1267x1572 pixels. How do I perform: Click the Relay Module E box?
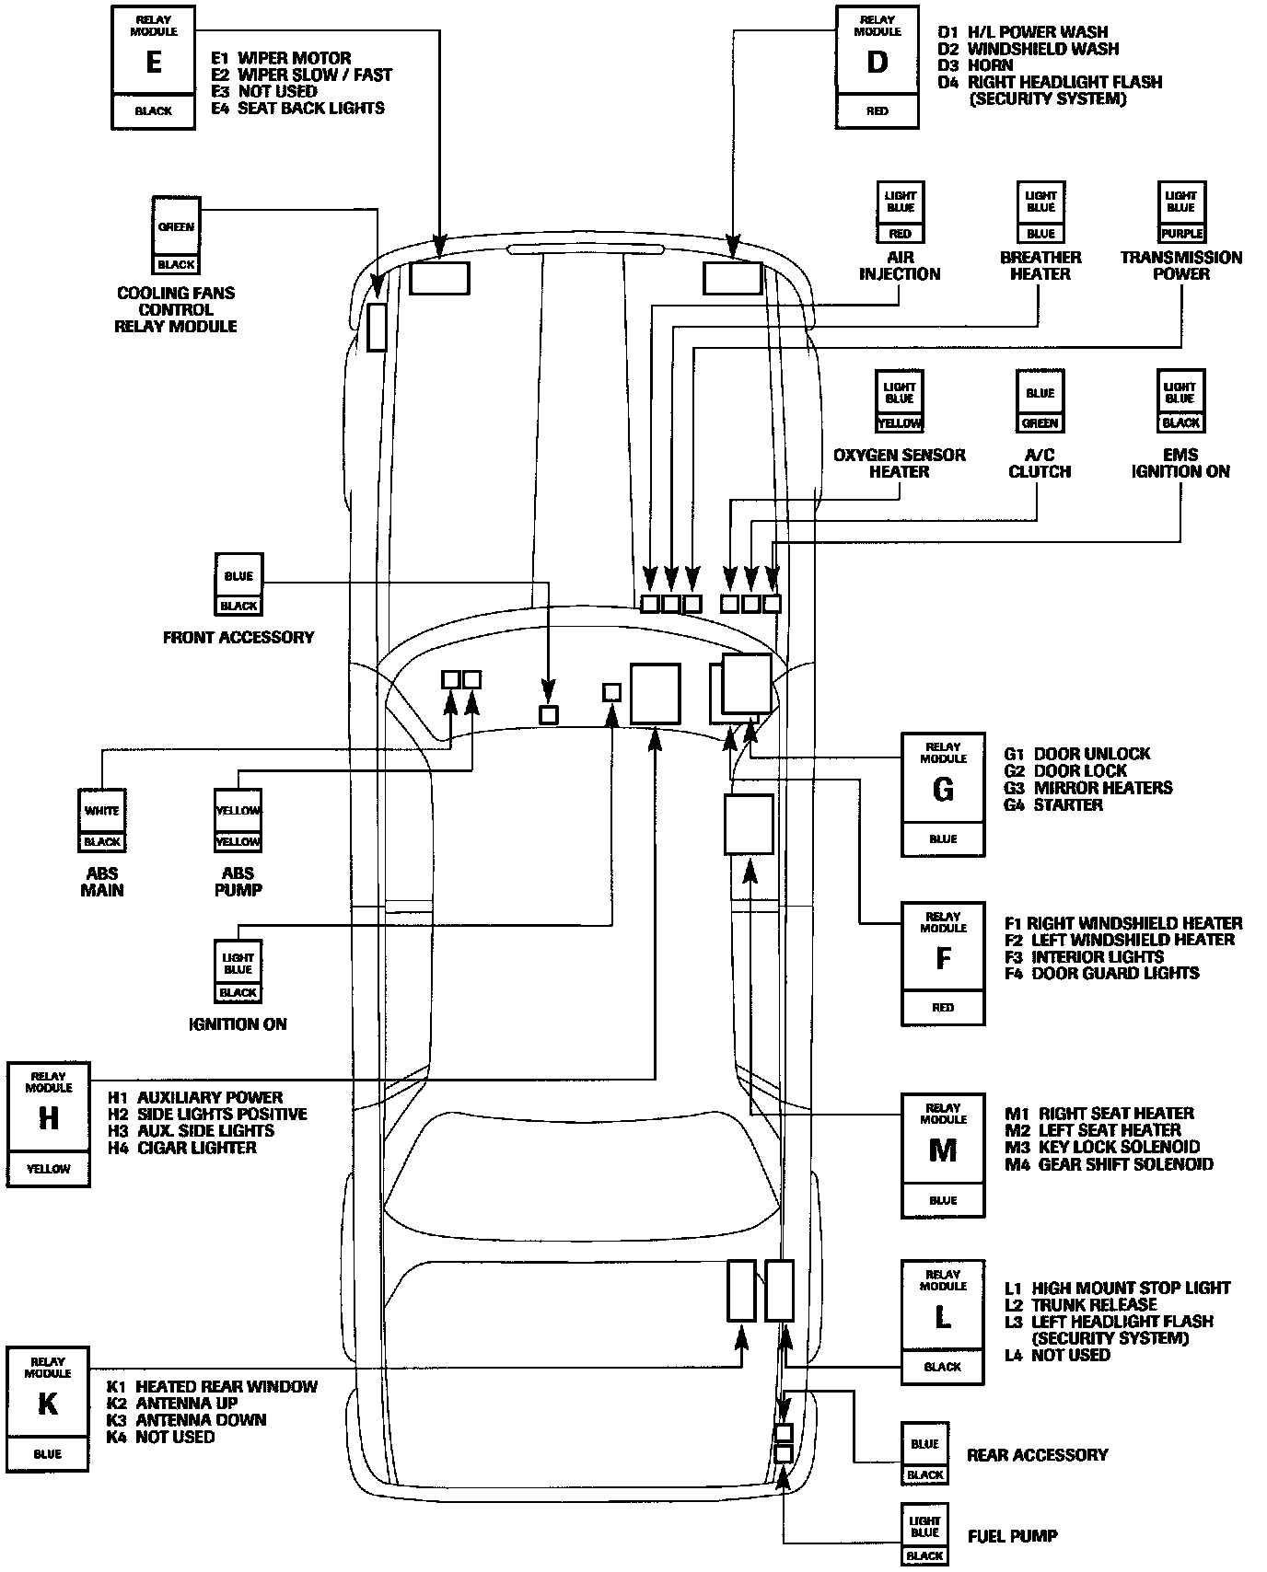(x=153, y=67)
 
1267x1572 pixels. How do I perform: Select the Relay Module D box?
(x=878, y=67)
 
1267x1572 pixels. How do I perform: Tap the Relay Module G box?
(x=943, y=794)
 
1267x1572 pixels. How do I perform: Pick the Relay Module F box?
(x=943, y=964)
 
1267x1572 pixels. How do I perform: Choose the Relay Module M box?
(x=943, y=1155)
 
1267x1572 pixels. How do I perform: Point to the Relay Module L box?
(x=943, y=1323)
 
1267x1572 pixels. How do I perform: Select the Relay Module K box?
(x=48, y=1409)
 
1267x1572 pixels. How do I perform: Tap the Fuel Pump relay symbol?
(x=924, y=1535)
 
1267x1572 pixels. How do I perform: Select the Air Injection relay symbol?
(x=900, y=212)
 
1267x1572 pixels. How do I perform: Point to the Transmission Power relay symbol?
(x=1181, y=212)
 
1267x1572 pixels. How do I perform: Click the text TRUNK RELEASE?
(x=1094, y=1305)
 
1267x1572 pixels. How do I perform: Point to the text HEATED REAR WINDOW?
(x=227, y=1387)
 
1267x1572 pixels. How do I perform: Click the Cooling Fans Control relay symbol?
(x=176, y=237)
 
